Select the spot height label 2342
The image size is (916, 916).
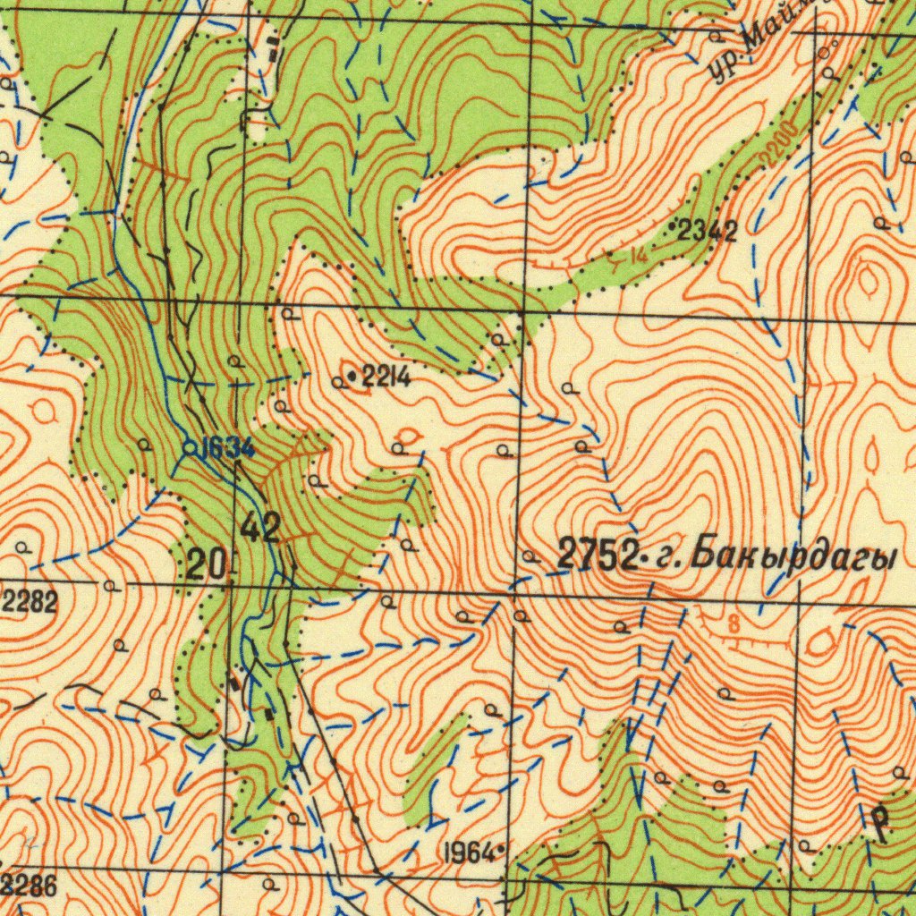click(708, 232)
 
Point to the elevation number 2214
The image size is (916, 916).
click(386, 377)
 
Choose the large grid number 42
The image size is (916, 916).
click(260, 530)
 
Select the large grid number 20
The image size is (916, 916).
click(208, 565)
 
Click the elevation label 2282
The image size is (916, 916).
click(29, 602)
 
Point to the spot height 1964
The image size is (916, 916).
click(470, 852)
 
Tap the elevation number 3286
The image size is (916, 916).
click(30, 887)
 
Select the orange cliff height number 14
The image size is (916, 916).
click(637, 255)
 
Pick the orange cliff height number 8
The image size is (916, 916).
click(734, 624)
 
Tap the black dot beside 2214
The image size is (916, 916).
click(352, 377)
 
